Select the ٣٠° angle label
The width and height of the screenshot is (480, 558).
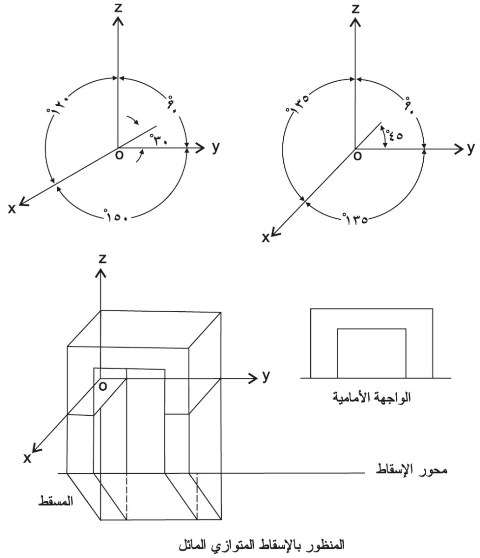tap(159, 139)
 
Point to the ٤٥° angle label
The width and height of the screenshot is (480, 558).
tap(394, 134)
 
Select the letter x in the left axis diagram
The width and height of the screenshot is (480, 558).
tap(12, 209)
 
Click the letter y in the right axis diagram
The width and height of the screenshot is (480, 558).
tap(471, 149)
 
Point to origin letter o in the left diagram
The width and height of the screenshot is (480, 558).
tap(119, 155)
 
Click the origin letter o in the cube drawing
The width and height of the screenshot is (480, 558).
tap(103, 386)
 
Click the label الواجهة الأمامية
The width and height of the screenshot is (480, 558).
tap(372, 397)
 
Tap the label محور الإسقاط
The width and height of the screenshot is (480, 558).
tap(411, 471)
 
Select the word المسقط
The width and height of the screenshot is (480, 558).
tap(56, 501)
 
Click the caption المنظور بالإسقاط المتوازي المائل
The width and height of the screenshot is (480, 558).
tap(261, 544)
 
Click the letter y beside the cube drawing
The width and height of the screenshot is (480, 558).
tap(266, 376)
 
